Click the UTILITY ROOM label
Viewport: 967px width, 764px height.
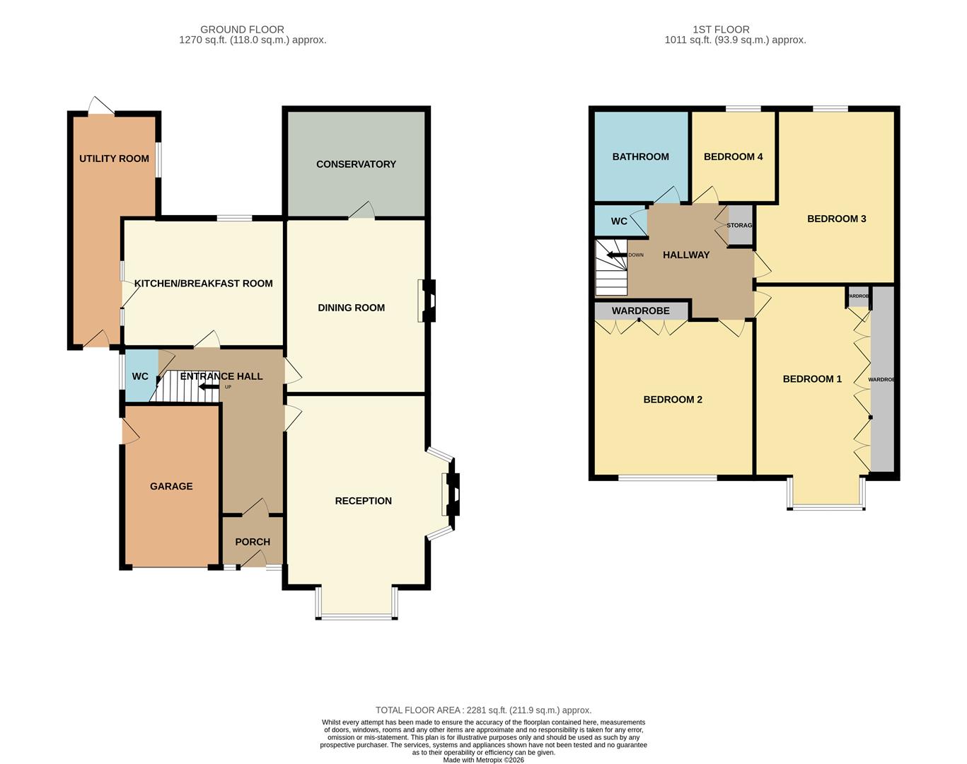[114, 158]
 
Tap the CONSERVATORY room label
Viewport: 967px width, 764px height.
[356, 164]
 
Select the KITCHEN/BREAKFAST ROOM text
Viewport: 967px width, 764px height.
[203, 284]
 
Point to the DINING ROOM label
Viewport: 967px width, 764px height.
[351, 308]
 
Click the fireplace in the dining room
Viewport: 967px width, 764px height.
[428, 301]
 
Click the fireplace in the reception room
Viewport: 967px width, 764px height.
[451, 494]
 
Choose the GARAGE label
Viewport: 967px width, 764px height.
[171, 487]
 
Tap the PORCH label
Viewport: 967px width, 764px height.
[253, 542]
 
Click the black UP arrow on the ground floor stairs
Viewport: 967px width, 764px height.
[209, 387]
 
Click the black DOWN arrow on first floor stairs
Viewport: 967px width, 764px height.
[613, 255]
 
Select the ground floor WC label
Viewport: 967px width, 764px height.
[140, 376]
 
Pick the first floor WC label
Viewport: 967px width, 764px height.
[619, 221]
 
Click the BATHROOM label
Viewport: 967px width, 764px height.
[640, 157]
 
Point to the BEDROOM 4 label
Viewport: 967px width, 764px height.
[733, 157]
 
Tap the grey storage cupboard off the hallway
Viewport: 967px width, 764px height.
[741, 225]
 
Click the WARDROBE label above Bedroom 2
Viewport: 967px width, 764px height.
[640, 311]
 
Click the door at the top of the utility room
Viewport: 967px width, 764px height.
[101, 106]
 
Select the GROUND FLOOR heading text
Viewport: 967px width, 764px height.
[242, 30]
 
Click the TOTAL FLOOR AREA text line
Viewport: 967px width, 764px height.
[483, 710]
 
